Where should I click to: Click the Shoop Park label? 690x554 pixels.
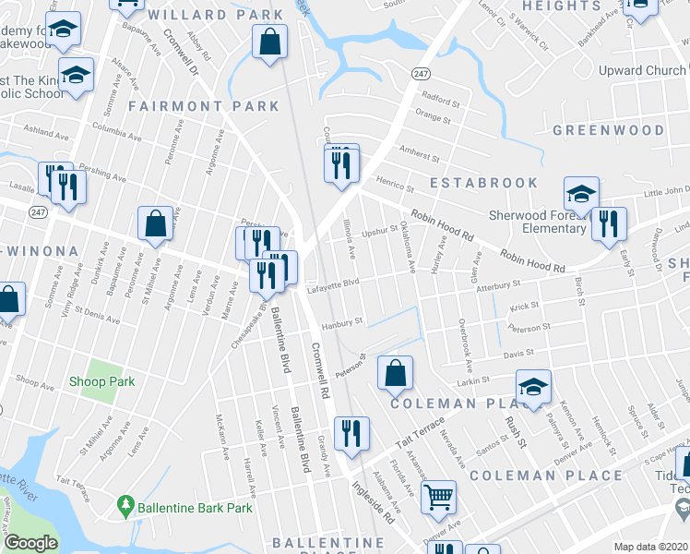point(107,381)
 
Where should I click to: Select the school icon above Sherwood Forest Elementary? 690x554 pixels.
point(581,195)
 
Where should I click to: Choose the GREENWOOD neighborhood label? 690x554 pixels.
point(608,130)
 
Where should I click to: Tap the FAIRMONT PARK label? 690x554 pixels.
point(204,106)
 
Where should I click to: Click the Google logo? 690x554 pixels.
point(30,544)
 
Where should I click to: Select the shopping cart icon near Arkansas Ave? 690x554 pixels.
point(438,496)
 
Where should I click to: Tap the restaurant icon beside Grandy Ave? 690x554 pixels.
point(351,433)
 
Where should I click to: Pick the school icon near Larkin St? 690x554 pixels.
point(533,388)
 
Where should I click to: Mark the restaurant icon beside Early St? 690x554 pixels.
point(609,224)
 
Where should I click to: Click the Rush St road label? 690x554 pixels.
point(515,430)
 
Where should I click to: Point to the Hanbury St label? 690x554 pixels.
point(339,324)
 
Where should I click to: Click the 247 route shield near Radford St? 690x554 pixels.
point(421,73)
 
